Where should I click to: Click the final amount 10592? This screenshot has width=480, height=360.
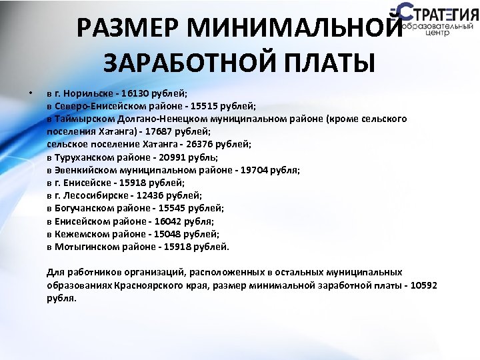pyautogui.click(x=424, y=285)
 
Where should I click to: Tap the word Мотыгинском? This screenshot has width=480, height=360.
pyautogui.click(x=87, y=247)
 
